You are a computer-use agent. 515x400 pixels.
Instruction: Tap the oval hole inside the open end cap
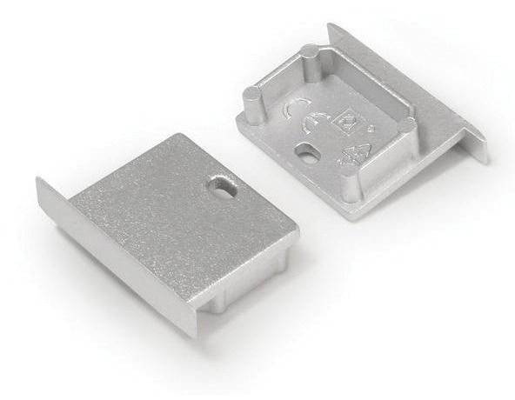(x=306, y=155)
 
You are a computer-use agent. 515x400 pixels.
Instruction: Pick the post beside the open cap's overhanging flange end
(x=406, y=132)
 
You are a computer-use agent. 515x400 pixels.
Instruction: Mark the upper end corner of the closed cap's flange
(x=39, y=181)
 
